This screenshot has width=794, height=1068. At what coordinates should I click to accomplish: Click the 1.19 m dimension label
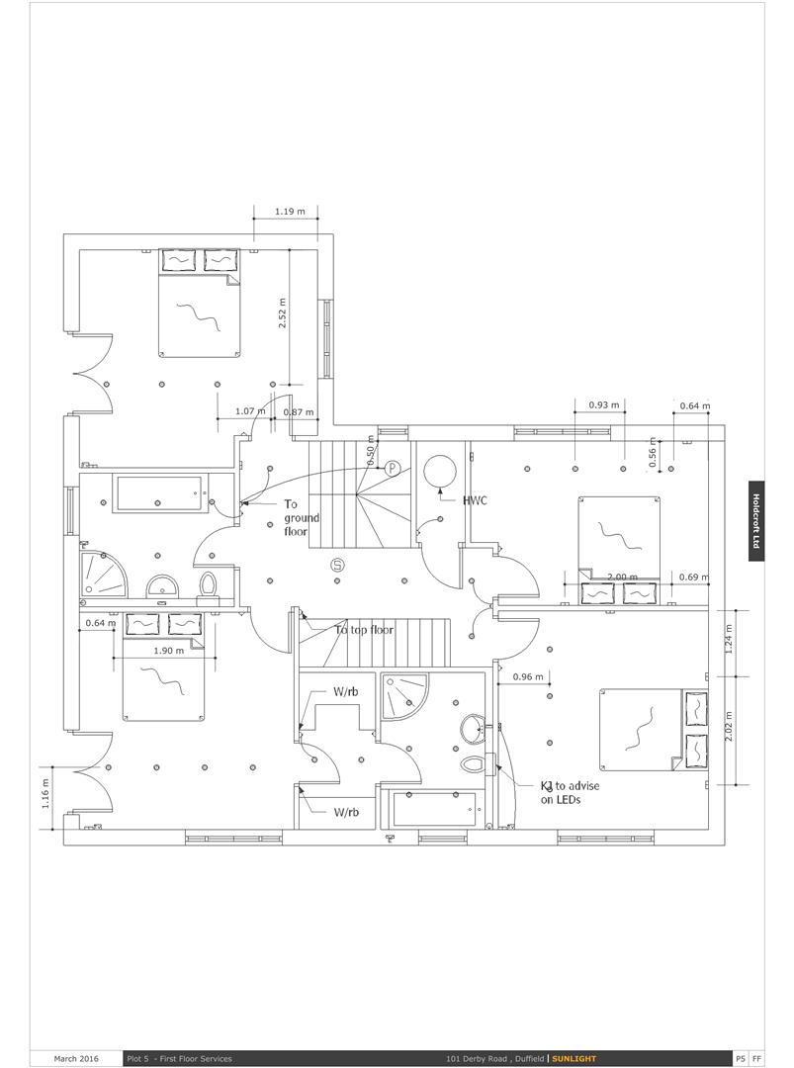pos(290,212)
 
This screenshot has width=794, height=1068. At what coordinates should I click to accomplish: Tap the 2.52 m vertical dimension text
pos(283,312)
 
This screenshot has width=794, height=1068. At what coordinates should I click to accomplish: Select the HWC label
pos(475,500)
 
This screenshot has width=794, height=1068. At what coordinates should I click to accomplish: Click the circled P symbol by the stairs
pos(392,468)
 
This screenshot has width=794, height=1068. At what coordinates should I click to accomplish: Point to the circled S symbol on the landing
pos(337,564)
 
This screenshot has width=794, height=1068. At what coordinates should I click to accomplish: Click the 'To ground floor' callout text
pos(301,517)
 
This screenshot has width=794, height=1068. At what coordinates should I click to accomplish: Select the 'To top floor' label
pos(364,629)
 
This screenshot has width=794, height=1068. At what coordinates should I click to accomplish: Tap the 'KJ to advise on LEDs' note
pos(570,792)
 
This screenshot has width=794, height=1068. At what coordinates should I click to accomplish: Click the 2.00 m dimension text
pos(622,577)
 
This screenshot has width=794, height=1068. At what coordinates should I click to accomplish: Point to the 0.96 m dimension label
pos(528,676)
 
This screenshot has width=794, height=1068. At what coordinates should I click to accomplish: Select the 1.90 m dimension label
pos(168,651)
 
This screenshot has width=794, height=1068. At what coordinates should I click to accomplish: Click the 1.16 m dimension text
pos(45,793)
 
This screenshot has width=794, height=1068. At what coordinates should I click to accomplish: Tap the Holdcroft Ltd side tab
pos(755,521)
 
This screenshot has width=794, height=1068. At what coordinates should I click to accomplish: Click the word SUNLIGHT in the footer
pos(573,1058)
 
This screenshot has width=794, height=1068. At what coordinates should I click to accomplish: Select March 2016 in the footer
pos(76,1058)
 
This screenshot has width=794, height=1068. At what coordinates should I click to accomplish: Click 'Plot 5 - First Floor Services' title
pos(179,1058)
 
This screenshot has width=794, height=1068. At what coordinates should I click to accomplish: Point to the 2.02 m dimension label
pos(729,727)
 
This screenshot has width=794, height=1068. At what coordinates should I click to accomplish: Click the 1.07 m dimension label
pos(250,411)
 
